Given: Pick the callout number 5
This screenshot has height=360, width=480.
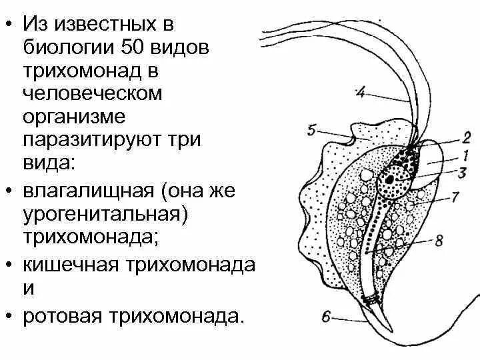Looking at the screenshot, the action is click(x=313, y=130).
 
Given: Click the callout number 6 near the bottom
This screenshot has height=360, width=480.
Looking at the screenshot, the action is click(x=327, y=318).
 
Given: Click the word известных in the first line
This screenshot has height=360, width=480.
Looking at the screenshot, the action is click(x=100, y=25).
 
